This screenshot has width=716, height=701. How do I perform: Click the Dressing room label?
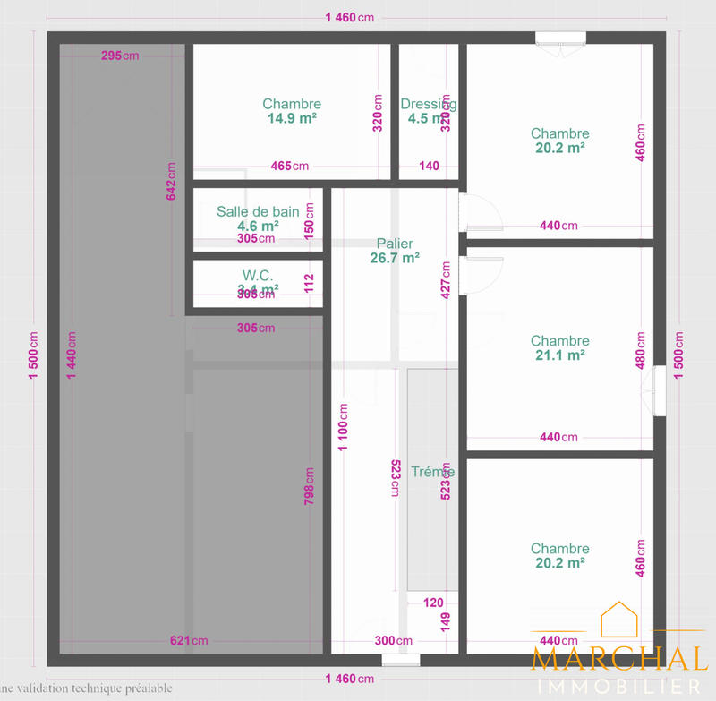point(429,104)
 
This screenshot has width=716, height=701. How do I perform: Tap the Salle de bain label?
point(258,211)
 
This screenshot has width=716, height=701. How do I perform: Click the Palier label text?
point(395,244)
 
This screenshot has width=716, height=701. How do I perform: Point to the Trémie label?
point(432,471)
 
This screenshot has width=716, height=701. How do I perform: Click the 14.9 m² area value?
point(292,118)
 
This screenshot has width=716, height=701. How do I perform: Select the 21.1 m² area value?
point(560,355)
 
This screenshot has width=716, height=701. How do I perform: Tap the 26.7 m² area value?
point(395,258)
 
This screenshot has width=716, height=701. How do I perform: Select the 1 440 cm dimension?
point(72,355)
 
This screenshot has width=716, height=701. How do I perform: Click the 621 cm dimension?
point(189,640)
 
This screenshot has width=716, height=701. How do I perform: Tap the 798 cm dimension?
point(309,486)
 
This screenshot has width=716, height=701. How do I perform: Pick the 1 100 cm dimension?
point(343,428)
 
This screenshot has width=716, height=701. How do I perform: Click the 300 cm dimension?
point(393,640)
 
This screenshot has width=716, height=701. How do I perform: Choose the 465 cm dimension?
point(289,166)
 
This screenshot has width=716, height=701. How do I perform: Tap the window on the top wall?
point(561,38)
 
